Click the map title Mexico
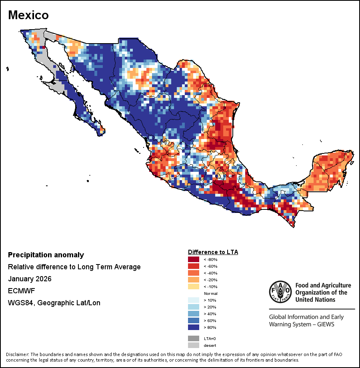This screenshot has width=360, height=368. pos(28,15)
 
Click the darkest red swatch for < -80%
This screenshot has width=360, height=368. pos(193,260)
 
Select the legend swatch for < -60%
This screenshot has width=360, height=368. pos(193,266)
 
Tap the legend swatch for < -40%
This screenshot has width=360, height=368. pos(193,273)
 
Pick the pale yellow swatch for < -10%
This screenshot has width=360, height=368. pos(193,286)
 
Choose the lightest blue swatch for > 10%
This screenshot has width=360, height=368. pos(193,300)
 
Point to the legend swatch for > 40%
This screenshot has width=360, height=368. pos(193,314)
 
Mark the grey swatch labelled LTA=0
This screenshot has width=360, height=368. pos(193,338)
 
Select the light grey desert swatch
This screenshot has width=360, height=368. pos(193,345)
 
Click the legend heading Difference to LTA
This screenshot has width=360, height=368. pos(213,252)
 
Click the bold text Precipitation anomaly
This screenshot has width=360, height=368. pos(46,255)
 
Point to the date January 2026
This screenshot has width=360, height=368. pos(30,279)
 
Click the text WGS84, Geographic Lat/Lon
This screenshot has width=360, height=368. pos(54,303)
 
